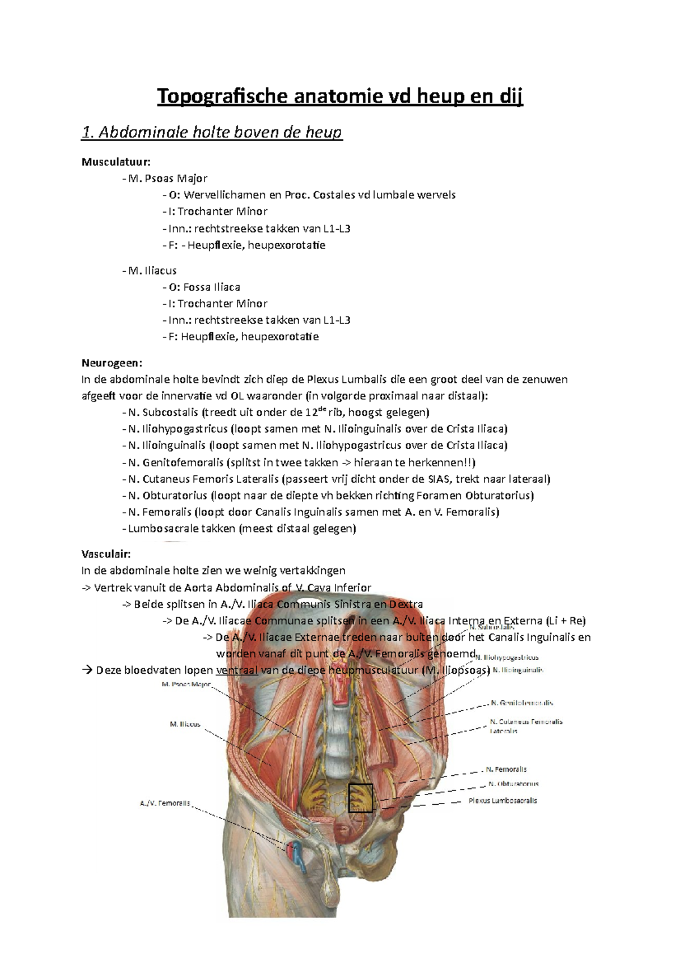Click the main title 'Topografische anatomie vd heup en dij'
pyautogui.click(x=340, y=96)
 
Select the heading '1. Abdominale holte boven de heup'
pyautogui.click(x=212, y=133)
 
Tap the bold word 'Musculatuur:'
pyautogui.click(x=116, y=162)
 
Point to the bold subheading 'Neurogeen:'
pyautogui.click(x=112, y=363)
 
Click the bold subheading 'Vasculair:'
pyautogui.click(x=106, y=554)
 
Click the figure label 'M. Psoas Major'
pyautogui.click(x=186, y=685)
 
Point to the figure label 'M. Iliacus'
pyautogui.click(x=185, y=724)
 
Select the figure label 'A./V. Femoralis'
pyautogui.click(x=165, y=803)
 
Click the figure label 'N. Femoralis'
pyautogui.click(x=506, y=770)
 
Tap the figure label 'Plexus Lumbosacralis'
pyautogui.click(x=503, y=801)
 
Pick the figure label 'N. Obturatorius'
pyautogui.click(x=513, y=784)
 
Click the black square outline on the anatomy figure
pyautogui.click(x=360, y=798)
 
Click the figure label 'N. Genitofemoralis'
pyautogui.click(x=521, y=703)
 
